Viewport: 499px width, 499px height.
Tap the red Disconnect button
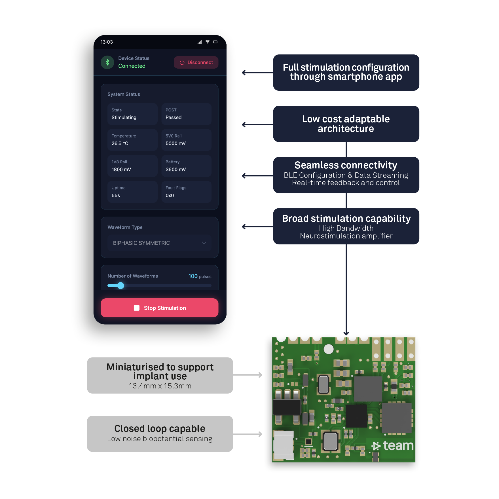(x=196, y=62)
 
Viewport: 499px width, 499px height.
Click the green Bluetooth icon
(x=107, y=62)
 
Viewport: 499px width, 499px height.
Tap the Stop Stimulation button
(x=159, y=308)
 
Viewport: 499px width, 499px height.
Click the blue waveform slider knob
(x=121, y=286)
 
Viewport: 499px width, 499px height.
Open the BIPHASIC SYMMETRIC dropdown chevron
(x=204, y=243)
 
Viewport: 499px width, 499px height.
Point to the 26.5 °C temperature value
(x=120, y=143)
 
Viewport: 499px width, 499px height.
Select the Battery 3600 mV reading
(x=176, y=170)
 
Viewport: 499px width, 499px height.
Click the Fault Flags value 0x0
(x=170, y=196)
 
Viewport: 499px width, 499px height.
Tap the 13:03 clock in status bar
(x=107, y=42)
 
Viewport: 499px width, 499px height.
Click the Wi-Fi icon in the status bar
(x=208, y=42)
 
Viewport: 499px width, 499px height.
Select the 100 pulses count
(x=200, y=276)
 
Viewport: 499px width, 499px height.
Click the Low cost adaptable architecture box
(x=346, y=124)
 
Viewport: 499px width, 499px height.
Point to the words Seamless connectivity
(x=346, y=165)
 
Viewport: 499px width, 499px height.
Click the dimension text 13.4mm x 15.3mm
(x=160, y=386)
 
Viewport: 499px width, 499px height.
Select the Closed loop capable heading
(x=160, y=428)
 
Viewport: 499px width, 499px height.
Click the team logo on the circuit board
(x=393, y=446)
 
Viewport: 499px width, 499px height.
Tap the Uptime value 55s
(x=116, y=196)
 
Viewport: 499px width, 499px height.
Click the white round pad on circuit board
(x=329, y=349)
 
